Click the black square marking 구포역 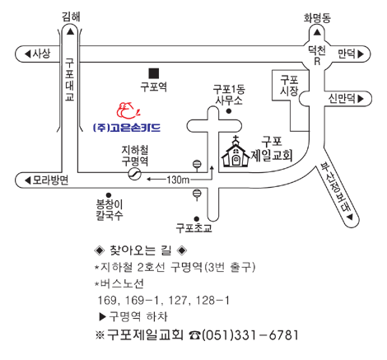coord(154,73)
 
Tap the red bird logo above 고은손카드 coord(128,110)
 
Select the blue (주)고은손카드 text coord(127,128)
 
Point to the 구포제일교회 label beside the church coord(272,149)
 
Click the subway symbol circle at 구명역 coord(135,174)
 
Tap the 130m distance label coord(178,180)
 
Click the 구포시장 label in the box coord(289,86)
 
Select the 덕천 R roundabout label coord(317,56)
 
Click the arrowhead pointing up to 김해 coord(71,32)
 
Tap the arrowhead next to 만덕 coord(361,54)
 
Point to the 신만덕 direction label coord(342,99)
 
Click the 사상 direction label coord(41,54)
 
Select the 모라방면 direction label coord(50,180)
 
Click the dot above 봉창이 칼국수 coord(109,195)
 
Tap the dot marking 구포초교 coord(197,219)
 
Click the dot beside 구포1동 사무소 coord(229,111)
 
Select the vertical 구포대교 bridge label coord(69,80)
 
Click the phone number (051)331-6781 coord(249,335)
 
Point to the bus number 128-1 coord(212,301)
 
